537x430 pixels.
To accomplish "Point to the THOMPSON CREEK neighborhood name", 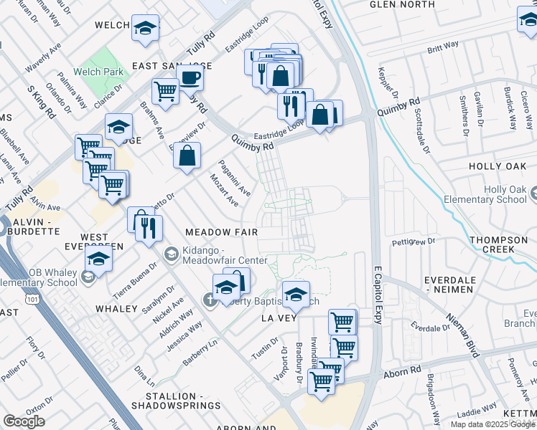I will (x=503, y=244).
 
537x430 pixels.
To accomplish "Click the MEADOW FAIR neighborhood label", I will (x=221, y=233).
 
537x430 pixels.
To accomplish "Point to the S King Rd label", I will (x=41, y=102).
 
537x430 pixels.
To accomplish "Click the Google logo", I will (x=24, y=421).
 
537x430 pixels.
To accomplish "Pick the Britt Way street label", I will (x=443, y=48).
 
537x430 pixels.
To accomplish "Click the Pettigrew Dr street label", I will (x=414, y=242).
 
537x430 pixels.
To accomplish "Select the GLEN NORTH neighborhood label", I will (x=402, y=4).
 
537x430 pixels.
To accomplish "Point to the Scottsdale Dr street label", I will (x=422, y=135).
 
